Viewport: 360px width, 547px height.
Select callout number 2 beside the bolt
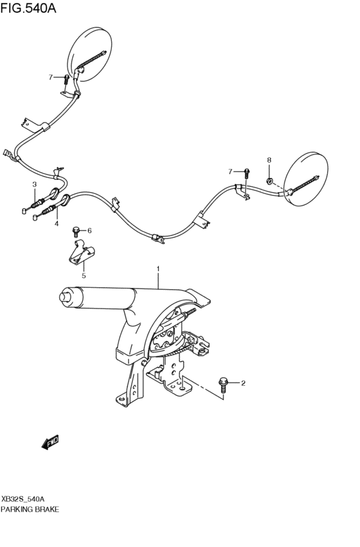click(x=243, y=384)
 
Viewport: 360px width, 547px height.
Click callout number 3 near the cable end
click(x=34, y=185)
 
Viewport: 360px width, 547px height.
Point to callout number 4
click(x=56, y=224)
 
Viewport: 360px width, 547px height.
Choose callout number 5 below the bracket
click(x=83, y=276)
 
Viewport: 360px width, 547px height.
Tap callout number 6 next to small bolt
click(x=89, y=230)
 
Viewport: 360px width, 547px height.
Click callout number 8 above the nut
click(x=269, y=160)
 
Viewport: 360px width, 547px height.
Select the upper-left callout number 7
click(x=50, y=77)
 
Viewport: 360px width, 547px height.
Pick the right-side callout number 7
click(x=230, y=171)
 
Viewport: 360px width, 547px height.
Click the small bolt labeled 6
click(x=77, y=229)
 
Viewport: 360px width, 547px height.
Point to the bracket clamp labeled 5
click(x=82, y=253)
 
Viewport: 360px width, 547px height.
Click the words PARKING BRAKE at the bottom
click(x=30, y=509)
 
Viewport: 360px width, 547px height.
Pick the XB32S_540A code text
click(x=23, y=498)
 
